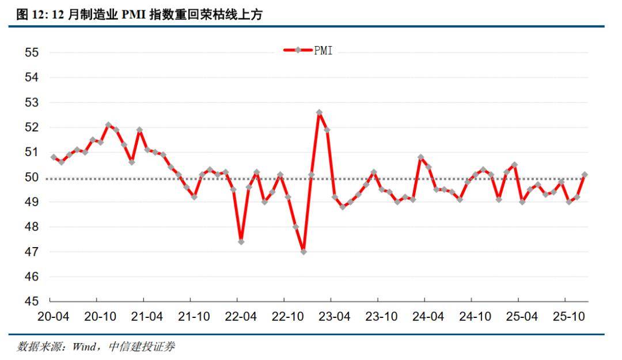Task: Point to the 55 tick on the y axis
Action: (32, 52)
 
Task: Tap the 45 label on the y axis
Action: (32, 301)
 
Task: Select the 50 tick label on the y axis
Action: (32, 177)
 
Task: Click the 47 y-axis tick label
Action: (32, 252)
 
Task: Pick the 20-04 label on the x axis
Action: (54, 316)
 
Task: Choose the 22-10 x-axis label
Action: (287, 316)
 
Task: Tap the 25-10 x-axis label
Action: (569, 316)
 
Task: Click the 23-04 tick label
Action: (335, 316)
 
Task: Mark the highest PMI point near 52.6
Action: (319, 112)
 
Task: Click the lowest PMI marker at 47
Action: (304, 252)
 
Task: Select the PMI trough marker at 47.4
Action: (241, 242)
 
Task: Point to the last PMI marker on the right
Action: (585, 175)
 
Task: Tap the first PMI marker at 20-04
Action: (54, 157)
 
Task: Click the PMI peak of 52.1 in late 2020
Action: (108, 124)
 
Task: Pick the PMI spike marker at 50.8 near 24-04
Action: (420, 157)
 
